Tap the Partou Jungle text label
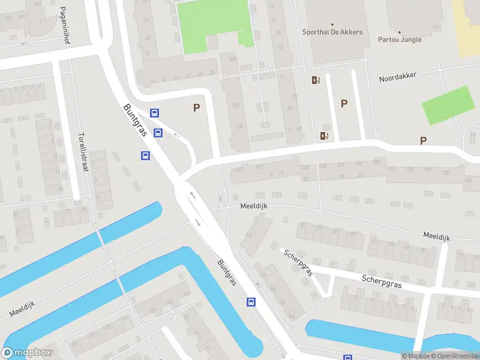coord(400,40)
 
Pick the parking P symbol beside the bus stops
coord(196,108)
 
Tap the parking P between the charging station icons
coord(344,103)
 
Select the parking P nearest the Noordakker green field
coord(423,140)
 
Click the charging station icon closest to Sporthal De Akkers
coord(316,80)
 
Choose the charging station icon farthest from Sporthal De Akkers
coord(325,136)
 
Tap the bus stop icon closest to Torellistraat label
coord(145,155)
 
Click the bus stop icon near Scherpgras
coord(251,302)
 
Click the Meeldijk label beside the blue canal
coord(22,310)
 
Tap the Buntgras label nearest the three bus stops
coord(135,121)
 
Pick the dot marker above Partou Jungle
coord(400,32)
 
